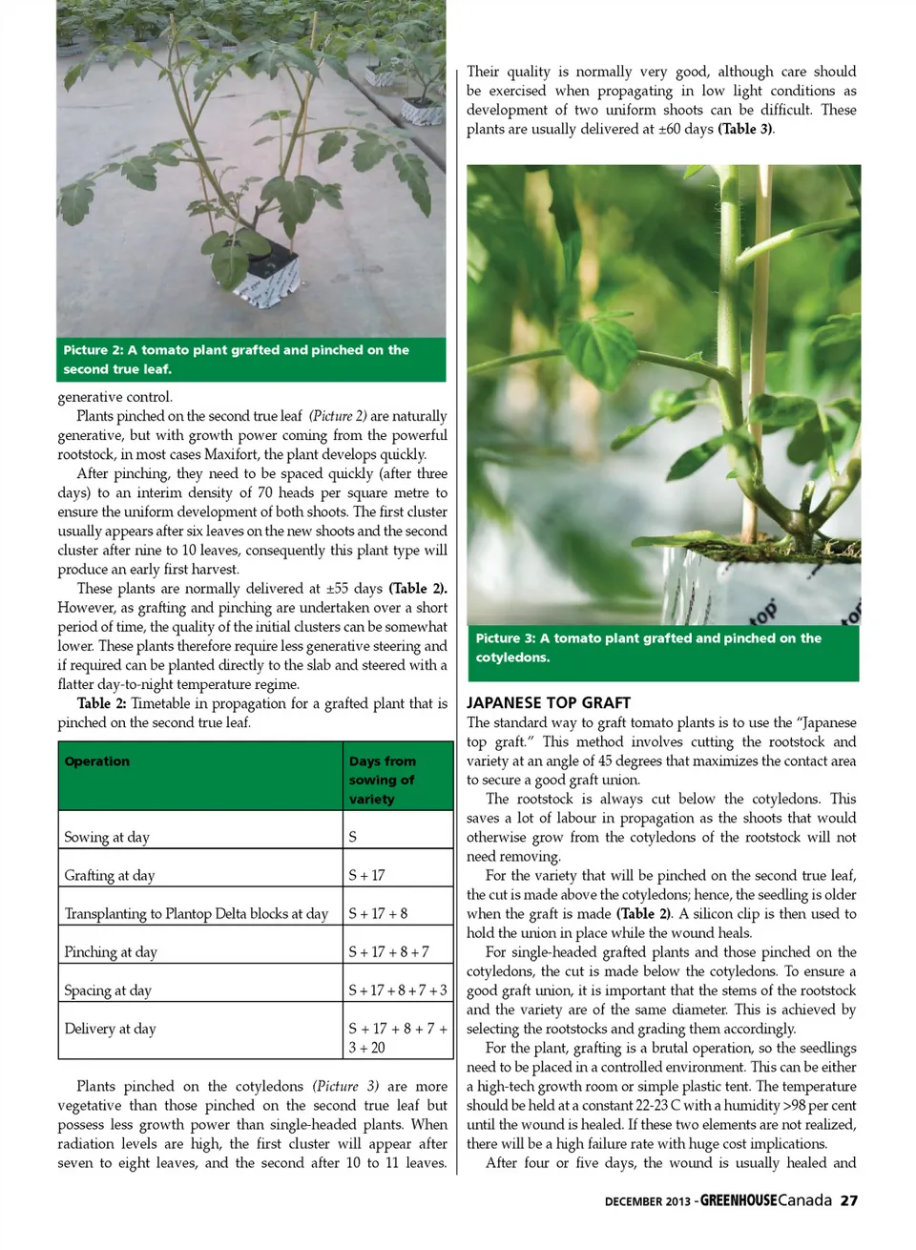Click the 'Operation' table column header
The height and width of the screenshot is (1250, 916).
pos(97,761)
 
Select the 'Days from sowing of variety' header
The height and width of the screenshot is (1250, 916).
pos(382,780)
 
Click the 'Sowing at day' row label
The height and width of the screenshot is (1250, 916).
pos(107,837)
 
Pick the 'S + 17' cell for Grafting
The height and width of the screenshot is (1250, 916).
pos(366,875)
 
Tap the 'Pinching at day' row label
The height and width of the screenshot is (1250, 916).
pos(111,951)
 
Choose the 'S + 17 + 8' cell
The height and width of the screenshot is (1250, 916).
pos(378,913)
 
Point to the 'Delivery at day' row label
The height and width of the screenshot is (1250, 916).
pos(110,1029)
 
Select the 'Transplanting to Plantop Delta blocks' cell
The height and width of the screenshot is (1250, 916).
pos(197,913)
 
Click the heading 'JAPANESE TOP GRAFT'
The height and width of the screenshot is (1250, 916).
pos(549,702)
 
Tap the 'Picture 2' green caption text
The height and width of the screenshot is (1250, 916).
pos(236,359)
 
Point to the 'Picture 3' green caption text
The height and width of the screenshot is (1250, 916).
pos(648,647)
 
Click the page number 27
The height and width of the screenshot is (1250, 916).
pos(848,1200)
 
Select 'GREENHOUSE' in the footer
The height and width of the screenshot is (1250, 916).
pos(739,1200)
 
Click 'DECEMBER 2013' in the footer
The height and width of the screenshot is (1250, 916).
pos(647,1201)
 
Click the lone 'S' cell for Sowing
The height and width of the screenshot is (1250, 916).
pos(353,837)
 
